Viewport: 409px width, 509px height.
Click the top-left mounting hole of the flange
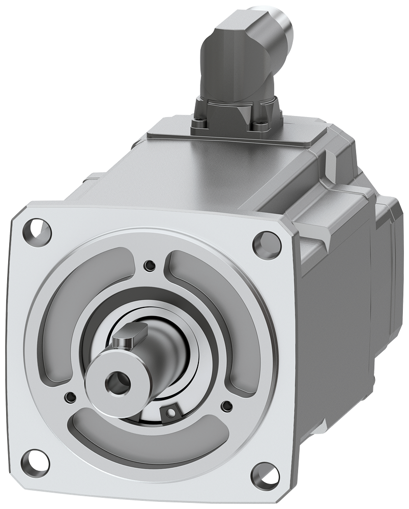[37, 231]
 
